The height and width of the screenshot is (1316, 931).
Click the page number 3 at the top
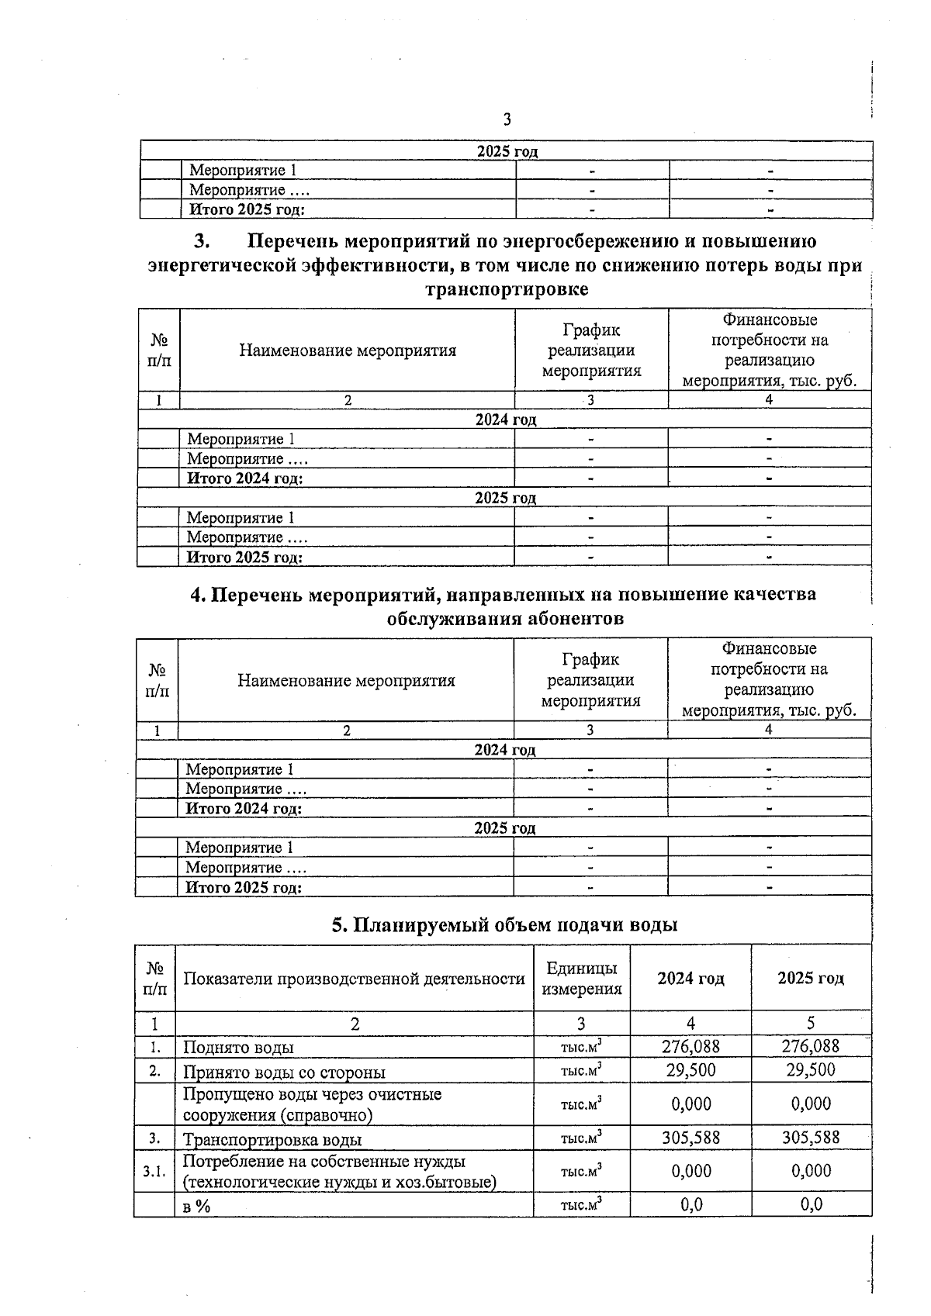tap(507, 119)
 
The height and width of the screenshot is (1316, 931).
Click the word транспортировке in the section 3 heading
tap(507, 289)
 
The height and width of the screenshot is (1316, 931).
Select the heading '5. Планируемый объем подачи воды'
tap(505, 924)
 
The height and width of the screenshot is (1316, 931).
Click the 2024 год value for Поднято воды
tap(690, 1046)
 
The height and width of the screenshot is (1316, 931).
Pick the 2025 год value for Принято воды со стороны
tap(811, 1070)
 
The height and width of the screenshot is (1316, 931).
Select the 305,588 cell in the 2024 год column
tap(690, 1138)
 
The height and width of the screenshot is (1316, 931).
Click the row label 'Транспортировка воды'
tap(272, 1139)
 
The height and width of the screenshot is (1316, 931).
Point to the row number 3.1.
tap(154, 1171)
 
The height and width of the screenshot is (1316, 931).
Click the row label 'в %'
tap(197, 1206)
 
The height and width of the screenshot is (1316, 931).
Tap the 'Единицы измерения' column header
tap(582, 979)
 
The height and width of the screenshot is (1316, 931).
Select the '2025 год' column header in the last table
tap(811, 979)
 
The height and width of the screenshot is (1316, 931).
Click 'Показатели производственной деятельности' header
tap(354, 979)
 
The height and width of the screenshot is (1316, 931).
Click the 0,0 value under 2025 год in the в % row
tap(811, 1204)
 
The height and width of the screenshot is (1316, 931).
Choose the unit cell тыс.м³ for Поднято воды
tap(582, 1047)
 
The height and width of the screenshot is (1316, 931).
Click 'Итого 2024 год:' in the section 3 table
tap(245, 478)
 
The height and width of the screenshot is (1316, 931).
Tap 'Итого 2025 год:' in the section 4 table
tap(244, 888)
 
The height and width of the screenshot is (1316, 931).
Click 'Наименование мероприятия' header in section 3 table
tap(348, 351)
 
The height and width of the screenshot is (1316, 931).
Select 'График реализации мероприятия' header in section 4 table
tap(590, 680)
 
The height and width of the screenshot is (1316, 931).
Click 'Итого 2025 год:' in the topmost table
tap(247, 209)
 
